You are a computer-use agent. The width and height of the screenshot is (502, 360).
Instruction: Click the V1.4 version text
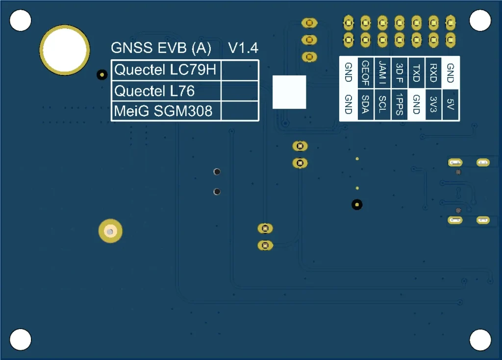point(243,48)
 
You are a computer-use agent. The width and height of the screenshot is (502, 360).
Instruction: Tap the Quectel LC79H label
point(165,70)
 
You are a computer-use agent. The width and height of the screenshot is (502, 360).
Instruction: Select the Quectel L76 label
point(154,91)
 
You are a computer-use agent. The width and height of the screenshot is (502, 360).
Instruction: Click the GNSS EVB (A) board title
point(161,48)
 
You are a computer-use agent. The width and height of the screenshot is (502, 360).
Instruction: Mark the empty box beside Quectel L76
point(240,91)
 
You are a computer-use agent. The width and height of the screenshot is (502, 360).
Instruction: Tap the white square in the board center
point(289,92)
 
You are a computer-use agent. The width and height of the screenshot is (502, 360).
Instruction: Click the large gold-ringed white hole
point(65,50)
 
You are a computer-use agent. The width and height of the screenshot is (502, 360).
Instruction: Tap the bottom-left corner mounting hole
point(21,339)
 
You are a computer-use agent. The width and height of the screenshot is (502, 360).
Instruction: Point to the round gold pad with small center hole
point(110,231)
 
